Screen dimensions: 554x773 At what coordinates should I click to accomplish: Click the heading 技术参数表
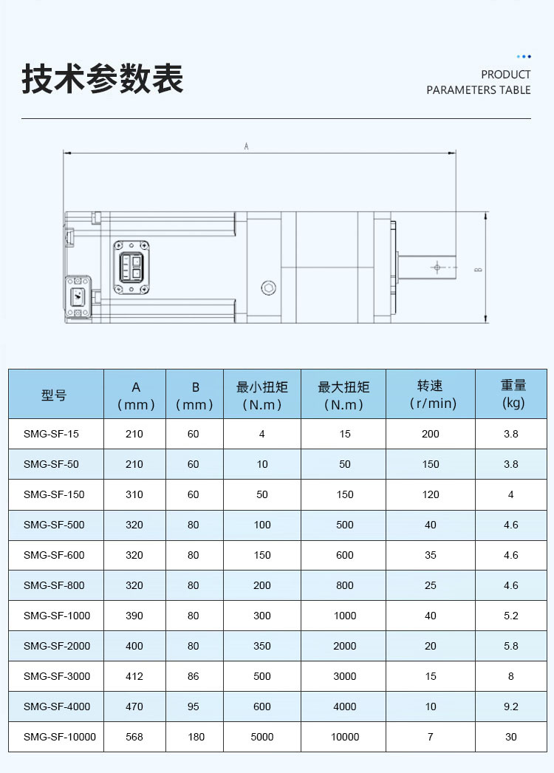pos(103,79)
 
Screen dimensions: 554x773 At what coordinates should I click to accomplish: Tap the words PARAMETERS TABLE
pos(478,90)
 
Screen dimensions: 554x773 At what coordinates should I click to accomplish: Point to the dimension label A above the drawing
pos(246,146)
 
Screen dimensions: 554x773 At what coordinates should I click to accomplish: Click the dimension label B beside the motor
pos(478,270)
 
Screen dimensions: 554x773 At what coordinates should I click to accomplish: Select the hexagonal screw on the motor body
pos(268,287)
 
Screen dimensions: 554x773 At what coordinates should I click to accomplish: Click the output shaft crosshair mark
pos(437,268)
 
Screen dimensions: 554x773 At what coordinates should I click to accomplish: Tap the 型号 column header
pos(53,395)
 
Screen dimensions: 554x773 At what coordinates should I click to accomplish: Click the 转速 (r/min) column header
pos(431,395)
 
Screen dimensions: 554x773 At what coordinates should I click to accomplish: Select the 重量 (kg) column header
pos(513,394)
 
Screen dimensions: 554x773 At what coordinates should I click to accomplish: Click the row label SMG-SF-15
pos(51,434)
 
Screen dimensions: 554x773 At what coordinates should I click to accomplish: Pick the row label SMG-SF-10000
pos(60,737)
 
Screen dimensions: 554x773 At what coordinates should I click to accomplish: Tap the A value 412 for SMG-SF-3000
pos(134,676)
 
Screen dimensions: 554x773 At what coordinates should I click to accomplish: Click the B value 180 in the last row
pos(196,737)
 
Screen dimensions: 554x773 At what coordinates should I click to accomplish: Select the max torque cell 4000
pos(344,706)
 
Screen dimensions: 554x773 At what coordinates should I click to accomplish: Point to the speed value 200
pos(431,434)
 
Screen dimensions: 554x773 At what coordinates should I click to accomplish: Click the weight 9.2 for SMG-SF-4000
pos(511,706)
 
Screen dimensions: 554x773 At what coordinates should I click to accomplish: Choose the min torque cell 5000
pos(261,737)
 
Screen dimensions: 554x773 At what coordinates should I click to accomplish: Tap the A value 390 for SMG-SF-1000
pos(134,616)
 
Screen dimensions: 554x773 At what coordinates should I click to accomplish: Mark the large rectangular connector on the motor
pos(131,268)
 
